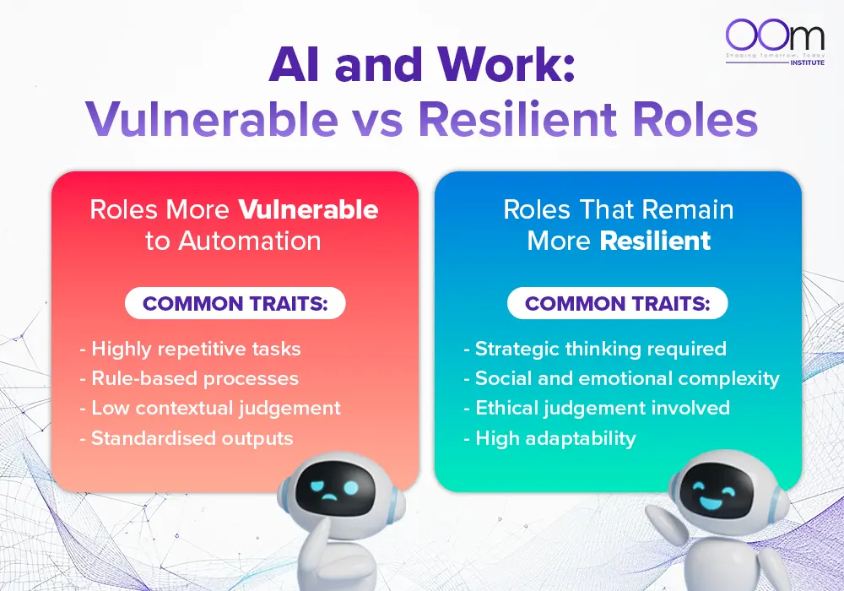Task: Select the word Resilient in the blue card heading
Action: point(655,241)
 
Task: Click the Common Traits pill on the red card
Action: point(235,303)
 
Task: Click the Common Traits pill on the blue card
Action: point(617,303)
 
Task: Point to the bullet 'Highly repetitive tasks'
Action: point(191,349)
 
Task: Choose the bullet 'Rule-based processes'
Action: point(189,378)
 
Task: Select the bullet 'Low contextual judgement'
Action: point(210,408)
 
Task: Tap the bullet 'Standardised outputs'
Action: point(187,438)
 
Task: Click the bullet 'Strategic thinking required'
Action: point(595,349)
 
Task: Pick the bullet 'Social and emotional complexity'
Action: point(621,378)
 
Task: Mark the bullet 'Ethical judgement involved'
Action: point(597,408)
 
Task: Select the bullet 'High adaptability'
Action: point(549,438)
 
